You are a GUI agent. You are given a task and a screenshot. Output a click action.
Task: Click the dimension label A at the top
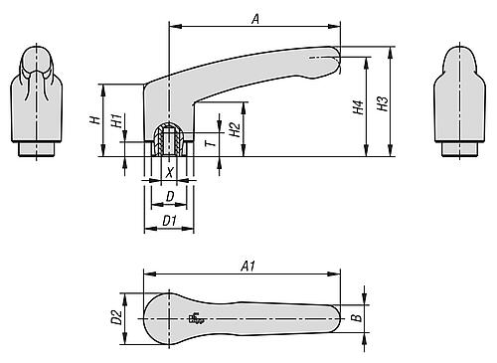coord(254,19)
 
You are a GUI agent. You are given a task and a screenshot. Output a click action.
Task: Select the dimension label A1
coord(248,267)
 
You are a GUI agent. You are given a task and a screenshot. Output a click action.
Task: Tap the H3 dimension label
coord(384,103)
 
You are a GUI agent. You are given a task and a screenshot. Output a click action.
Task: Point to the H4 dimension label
coord(359,106)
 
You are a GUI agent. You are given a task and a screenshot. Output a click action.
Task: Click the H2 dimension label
coord(235,129)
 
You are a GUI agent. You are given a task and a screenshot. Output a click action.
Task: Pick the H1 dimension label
coord(117,120)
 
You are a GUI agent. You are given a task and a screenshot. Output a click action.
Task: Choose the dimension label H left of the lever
coord(96,120)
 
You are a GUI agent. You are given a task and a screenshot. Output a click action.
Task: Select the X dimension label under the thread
coord(169,172)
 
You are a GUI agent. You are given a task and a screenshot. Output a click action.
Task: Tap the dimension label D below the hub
coord(170,197)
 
